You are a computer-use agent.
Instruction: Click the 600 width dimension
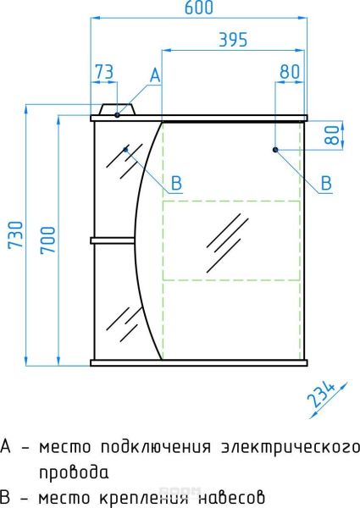199,8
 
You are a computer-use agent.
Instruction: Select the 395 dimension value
233,40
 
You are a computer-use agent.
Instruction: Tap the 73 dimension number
104,72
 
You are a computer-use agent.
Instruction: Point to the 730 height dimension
16,235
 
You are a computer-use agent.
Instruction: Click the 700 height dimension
48,240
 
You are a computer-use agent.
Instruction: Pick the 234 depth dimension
321,395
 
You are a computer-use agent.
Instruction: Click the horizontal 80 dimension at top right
290,71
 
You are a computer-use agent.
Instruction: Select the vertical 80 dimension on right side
331,135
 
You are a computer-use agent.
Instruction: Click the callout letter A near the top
156,75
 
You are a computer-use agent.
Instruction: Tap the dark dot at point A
117,114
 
